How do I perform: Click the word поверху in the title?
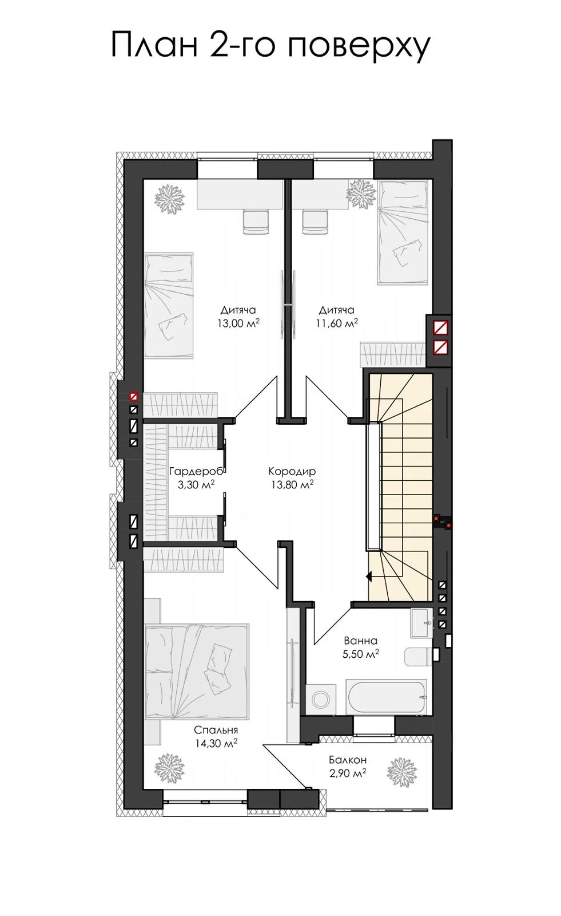click(x=359, y=45)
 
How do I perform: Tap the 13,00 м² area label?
click(x=238, y=323)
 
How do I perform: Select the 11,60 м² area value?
click(x=337, y=323)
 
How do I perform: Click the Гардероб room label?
click(x=196, y=472)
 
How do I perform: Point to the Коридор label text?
click(x=292, y=472)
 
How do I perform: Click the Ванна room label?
click(x=360, y=641)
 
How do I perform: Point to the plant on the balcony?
click(x=402, y=772)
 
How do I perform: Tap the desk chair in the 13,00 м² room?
click(x=256, y=222)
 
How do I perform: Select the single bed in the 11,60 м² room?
click(x=403, y=232)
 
